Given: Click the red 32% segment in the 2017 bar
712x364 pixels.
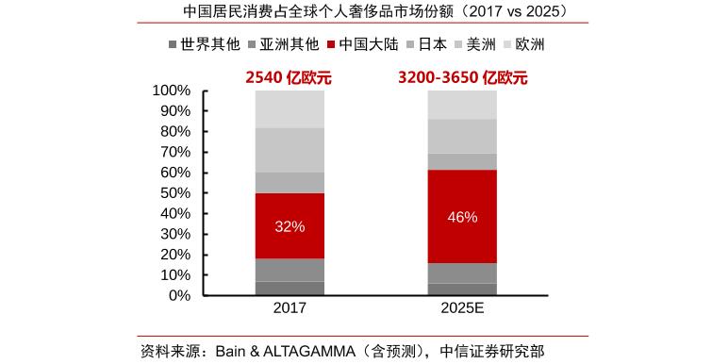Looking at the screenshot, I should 290,225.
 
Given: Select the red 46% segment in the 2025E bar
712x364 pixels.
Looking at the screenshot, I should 462,216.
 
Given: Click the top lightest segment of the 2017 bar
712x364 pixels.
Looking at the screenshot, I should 290,109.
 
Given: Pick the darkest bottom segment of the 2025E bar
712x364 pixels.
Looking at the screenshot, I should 462,289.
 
